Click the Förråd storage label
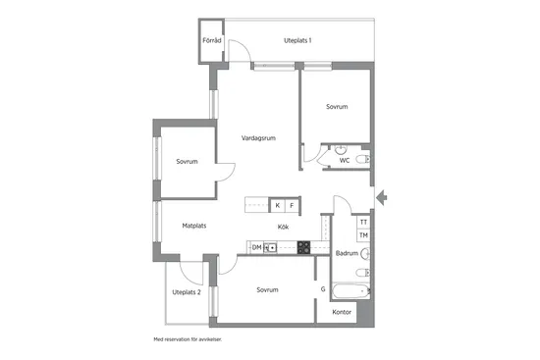click(x=212, y=41)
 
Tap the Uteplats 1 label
click(x=297, y=41)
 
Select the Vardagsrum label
click(x=258, y=138)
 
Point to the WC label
click(x=345, y=161)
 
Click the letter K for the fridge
click(x=278, y=205)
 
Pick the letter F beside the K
click(x=293, y=205)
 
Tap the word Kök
click(x=283, y=227)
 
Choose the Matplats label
click(x=194, y=226)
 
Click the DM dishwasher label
click(x=256, y=248)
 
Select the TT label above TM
click(x=363, y=224)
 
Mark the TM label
click(x=363, y=235)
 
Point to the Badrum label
click(x=347, y=253)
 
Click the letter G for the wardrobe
click(x=323, y=289)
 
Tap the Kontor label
click(x=342, y=312)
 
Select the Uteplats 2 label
click(x=187, y=292)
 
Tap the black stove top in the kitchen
click(x=304, y=248)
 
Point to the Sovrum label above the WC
click(x=337, y=106)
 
